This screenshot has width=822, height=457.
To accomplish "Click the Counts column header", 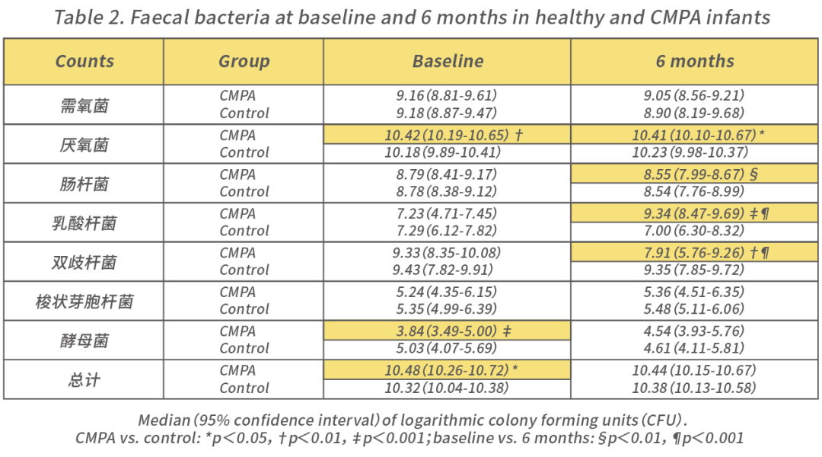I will [84, 62].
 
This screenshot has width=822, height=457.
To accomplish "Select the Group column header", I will [244, 62].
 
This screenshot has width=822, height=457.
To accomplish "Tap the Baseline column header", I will [448, 62].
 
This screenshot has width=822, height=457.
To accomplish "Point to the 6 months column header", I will [695, 62].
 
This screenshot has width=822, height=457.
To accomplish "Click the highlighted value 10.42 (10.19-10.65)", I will [448, 135].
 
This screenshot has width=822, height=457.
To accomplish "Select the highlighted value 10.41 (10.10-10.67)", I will [695, 135].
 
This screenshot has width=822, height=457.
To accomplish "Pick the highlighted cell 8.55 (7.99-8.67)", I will [695, 174].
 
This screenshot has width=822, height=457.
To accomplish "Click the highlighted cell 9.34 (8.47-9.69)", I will [695, 214].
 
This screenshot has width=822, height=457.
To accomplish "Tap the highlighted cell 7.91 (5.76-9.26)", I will [695, 253].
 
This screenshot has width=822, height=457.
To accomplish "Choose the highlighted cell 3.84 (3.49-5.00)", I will [448, 331].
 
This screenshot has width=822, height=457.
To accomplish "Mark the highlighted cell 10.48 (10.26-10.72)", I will [448, 370].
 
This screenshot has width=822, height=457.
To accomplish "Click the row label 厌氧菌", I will [84, 145].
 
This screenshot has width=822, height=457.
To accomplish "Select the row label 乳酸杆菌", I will [84, 223].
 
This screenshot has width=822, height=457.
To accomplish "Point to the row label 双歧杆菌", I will [84, 262].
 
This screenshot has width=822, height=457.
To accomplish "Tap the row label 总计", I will [84, 379].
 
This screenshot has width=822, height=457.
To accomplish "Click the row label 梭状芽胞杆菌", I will [84, 302].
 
